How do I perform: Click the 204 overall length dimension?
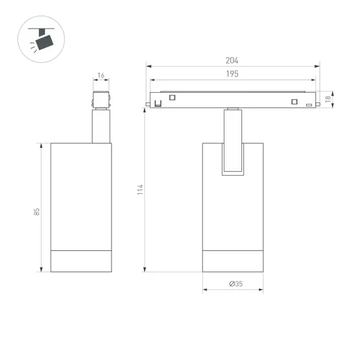coord(233,60)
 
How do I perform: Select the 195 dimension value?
coord(233,74)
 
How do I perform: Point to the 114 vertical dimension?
coord(139,189)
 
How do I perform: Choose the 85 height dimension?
coord(37,211)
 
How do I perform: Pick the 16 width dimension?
coord(101,76)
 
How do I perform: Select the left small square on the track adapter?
coord(173,97)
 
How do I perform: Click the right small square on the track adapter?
coord(294,101)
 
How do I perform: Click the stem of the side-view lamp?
coord(101,126)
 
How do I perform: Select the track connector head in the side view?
coord(101,101)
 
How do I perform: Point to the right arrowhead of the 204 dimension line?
coord(318,66)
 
